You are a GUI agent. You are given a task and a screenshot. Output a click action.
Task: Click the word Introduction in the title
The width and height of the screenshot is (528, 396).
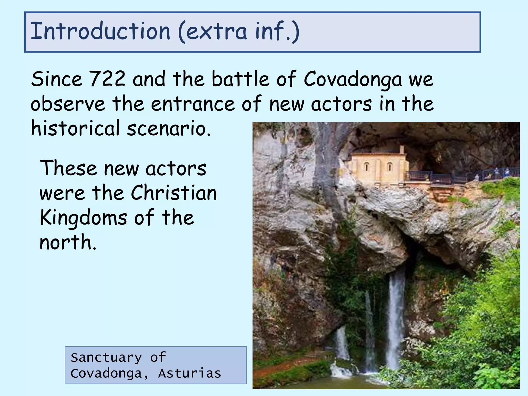click(100, 31)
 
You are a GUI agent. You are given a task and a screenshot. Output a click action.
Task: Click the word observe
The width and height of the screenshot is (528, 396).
click(68, 104)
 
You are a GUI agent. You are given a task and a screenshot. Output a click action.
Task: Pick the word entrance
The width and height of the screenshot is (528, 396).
click(193, 104)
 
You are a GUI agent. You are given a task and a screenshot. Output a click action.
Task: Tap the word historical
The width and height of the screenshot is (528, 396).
click(75, 128)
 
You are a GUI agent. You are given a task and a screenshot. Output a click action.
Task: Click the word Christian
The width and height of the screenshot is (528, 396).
click(174, 193)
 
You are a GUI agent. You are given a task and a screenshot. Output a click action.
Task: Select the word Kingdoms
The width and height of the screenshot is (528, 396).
click(83, 218)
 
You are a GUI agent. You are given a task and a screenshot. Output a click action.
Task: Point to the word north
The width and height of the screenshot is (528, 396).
click(68, 242)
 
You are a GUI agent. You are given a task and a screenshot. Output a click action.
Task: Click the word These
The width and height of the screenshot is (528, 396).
click(68, 168)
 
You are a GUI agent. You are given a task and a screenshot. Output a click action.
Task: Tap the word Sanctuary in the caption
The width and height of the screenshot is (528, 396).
click(106, 358)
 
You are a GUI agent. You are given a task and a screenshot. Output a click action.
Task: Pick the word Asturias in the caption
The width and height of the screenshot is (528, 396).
click(189, 374)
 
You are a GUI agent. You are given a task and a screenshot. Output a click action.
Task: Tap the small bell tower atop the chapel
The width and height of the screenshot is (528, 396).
click(402, 150)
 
